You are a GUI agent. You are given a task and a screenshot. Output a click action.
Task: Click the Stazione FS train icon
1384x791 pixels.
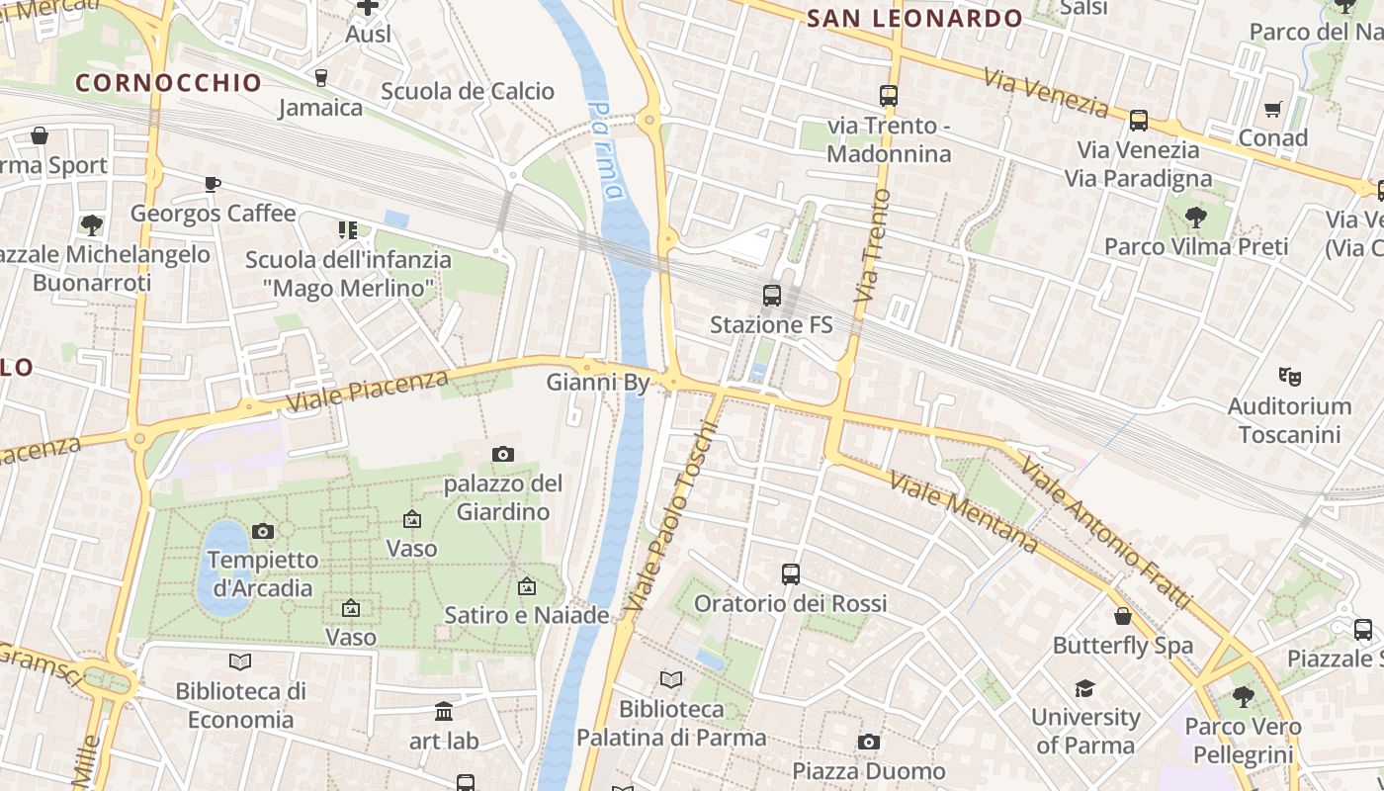(x=772, y=295)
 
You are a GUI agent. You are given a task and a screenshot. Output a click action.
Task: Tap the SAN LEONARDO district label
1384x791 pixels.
(x=914, y=18)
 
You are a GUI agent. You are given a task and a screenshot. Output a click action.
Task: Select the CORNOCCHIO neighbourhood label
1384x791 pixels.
(x=168, y=82)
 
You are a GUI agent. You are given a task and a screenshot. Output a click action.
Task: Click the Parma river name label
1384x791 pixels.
(x=606, y=149)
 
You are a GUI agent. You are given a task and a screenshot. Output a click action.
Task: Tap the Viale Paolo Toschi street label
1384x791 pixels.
(x=671, y=515)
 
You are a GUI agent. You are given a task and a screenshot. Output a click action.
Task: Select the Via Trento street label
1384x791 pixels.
(x=869, y=246)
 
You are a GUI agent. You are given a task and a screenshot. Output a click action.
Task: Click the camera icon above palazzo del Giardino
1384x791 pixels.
(x=503, y=455)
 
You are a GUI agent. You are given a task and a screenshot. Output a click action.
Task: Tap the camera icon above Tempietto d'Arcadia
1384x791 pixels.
(x=263, y=531)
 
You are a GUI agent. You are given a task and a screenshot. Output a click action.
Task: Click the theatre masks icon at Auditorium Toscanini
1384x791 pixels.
(x=1289, y=376)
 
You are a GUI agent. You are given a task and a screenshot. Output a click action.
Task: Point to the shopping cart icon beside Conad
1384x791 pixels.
(x=1273, y=109)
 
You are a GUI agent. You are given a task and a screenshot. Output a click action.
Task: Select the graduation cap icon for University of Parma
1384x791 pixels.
(x=1085, y=688)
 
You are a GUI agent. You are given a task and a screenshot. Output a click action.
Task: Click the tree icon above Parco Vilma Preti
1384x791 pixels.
(x=1195, y=217)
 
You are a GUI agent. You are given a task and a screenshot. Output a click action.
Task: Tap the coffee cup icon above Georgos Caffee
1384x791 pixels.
(x=213, y=184)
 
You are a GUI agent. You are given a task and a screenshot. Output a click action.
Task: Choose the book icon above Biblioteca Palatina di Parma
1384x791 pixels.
(x=671, y=679)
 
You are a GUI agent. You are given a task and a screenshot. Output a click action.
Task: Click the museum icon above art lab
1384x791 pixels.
(x=444, y=711)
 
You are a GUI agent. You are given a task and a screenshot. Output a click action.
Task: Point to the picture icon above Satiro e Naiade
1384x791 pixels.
(x=527, y=586)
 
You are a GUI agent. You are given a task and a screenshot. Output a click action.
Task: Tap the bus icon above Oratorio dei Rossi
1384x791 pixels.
(x=790, y=573)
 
